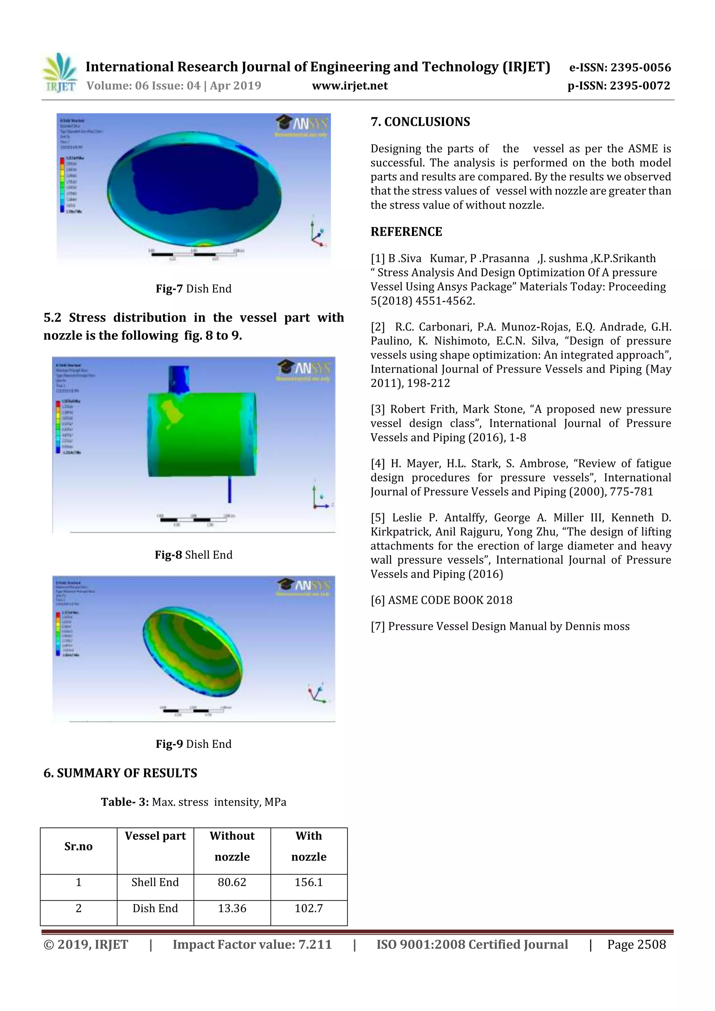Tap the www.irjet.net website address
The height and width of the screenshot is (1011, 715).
(350, 86)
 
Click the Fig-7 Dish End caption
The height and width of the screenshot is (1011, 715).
(193, 289)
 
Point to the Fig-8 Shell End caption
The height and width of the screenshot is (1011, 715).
(193, 555)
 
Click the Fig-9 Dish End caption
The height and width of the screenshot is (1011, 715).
(193, 744)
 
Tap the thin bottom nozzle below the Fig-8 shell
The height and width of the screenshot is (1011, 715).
(229, 489)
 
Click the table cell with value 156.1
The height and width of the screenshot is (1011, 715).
(309, 883)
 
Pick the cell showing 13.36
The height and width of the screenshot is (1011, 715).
(232, 908)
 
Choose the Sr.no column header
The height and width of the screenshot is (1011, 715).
(79, 846)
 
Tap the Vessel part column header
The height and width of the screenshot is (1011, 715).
(155, 836)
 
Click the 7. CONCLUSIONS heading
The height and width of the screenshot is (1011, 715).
(420, 122)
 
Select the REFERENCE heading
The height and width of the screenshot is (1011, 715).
(406, 232)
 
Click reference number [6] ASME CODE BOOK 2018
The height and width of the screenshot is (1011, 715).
(441, 600)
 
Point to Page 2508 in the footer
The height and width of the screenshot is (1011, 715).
(636, 944)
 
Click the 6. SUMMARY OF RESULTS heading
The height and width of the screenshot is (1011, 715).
(120, 773)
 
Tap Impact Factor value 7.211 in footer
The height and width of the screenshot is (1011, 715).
(252, 944)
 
